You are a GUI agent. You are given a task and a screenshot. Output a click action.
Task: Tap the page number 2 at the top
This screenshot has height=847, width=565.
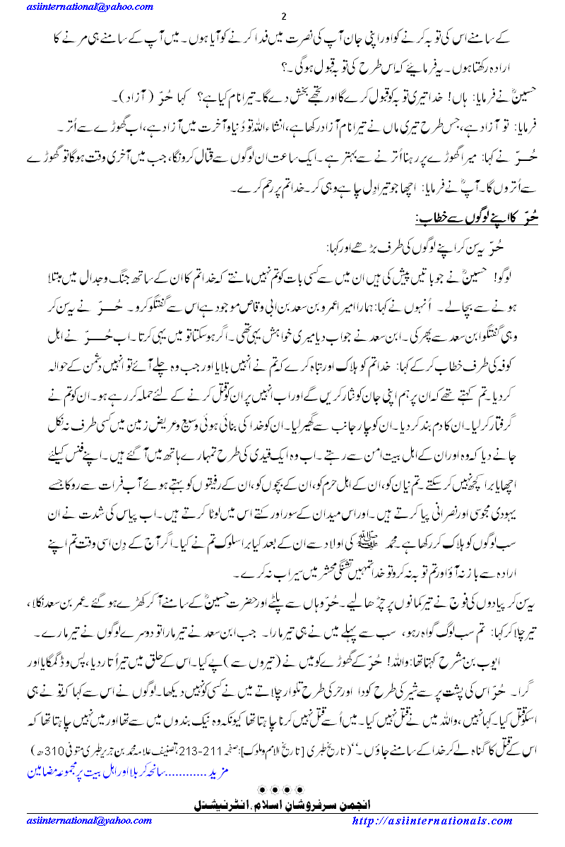pyautogui.click(x=282, y=17)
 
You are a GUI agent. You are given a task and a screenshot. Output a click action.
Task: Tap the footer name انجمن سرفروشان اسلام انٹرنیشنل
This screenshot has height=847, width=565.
pyautogui.click(x=282, y=803)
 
